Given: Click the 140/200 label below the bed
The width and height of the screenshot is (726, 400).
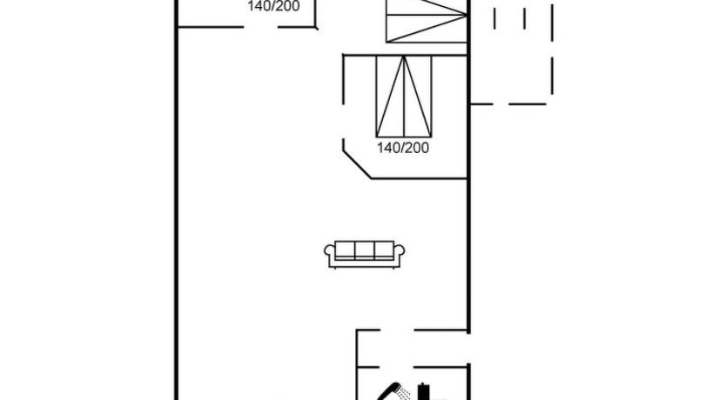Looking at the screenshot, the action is [x=403, y=148].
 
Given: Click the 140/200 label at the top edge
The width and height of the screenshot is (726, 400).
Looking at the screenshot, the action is [x=273, y=6].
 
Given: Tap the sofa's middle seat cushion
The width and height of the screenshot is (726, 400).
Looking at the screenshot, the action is [x=365, y=250].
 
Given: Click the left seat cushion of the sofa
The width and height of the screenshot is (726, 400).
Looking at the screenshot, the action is [x=345, y=250].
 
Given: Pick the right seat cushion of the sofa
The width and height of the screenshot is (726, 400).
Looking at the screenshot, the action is [x=384, y=250].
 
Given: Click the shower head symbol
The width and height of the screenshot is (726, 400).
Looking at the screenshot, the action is [x=389, y=390].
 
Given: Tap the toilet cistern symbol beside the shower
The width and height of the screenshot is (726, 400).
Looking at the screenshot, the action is [x=424, y=391].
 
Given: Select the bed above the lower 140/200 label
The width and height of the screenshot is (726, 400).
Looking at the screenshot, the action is [x=404, y=97].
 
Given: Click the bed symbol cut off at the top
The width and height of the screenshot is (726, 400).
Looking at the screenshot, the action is [x=427, y=21].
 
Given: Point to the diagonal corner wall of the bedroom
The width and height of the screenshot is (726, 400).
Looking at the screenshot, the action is [x=357, y=164].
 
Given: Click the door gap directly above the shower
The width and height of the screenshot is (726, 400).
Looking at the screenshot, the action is [x=397, y=367].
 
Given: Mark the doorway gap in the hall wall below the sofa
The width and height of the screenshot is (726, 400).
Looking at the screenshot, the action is [x=397, y=330].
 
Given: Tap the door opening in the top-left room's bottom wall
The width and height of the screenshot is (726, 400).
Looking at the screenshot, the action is [x=260, y=27].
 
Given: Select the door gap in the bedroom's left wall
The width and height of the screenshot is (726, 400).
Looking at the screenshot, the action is [x=343, y=122].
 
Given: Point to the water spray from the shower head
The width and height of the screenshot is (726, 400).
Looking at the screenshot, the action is [x=405, y=394].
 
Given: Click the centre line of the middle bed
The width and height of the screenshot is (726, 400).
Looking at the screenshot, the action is [x=404, y=97].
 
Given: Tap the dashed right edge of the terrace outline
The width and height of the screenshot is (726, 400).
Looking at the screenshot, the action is [x=553, y=50].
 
